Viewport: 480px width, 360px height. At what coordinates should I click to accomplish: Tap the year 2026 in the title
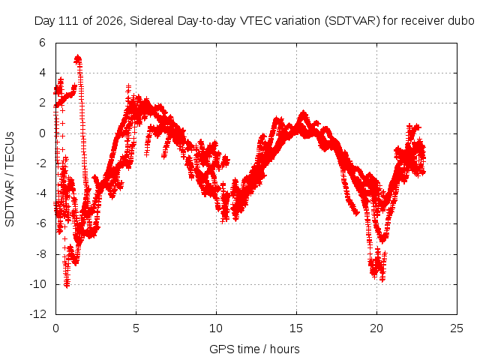click(x=108, y=21)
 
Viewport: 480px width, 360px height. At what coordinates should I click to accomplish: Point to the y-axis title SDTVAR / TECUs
click(x=10, y=179)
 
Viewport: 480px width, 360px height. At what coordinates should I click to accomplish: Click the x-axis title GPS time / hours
click(x=254, y=349)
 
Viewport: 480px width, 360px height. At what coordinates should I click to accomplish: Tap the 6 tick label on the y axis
click(x=42, y=43)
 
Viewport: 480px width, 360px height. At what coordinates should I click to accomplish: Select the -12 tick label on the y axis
click(x=38, y=314)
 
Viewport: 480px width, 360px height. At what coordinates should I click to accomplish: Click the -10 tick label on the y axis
click(x=38, y=284)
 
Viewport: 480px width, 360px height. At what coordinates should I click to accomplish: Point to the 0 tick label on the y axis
click(x=42, y=133)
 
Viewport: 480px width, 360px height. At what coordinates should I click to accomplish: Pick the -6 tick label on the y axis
click(x=40, y=223)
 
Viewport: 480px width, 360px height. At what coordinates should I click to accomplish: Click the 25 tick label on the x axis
click(x=457, y=328)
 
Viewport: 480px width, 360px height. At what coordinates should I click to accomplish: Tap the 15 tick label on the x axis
click(x=296, y=328)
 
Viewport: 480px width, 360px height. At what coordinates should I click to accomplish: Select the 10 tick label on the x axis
click(x=216, y=328)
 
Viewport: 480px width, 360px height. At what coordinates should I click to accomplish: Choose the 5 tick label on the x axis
click(x=136, y=328)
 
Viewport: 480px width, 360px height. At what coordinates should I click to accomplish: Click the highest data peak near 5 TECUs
click(x=78, y=58)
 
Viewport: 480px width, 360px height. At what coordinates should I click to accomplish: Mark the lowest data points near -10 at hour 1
click(x=67, y=283)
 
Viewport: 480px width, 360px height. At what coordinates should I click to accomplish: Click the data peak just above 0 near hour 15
click(x=303, y=115)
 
